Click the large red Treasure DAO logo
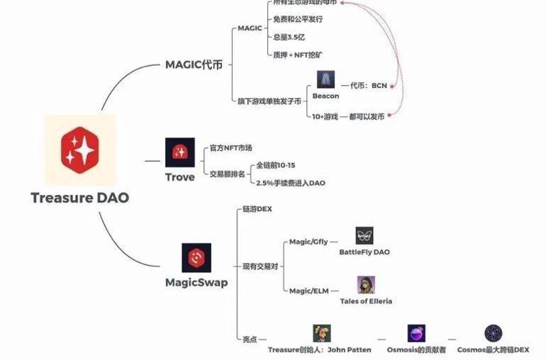click(x=79, y=147)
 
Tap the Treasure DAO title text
click(x=79, y=198)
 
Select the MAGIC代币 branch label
click(x=194, y=64)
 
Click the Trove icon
click(x=179, y=152)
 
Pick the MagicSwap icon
click(x=196, y=258)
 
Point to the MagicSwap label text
click(x=196, y=283)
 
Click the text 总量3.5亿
click(x=289, y=36)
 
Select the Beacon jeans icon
click(x=325, y=79)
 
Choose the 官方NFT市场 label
click(x=232, y=149)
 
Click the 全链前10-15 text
click(x=276, y=165)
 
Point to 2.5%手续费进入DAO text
click(x=291, y=183)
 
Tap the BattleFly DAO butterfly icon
click(x=364, y=236)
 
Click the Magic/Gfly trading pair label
click(x=308, y=242)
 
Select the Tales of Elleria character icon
click(x=366, y=285)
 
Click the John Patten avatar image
click(x=322, y=333)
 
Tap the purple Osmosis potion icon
click(x=416, y=333)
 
